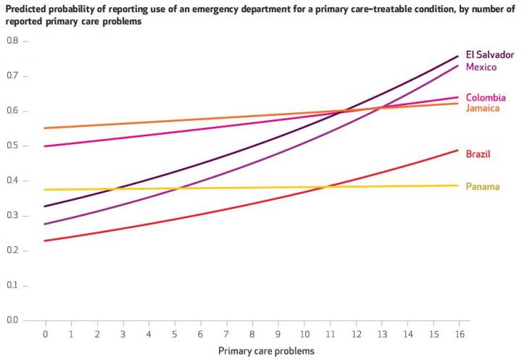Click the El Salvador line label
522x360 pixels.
pyautogui.click(x=489, y=55)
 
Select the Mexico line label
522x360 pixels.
pyautogui.click(x=481, y=67)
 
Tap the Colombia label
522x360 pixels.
pyautogui.click(x=485, y=98)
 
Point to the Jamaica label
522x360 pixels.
pyautogui.click(x=483, y=109)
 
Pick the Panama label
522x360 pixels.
pyautogui.click(x=482, y=187)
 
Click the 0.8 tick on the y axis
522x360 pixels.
pyautogui.click(x=12, y=41)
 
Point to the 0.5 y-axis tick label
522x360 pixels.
pyautogui.click(x=12, y=146)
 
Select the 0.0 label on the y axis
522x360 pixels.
pyautogui.click(x=12, y=320)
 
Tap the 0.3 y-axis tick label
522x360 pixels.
pyautogui.click(x=12, y=216)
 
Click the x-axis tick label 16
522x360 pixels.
pyautogui.click(x=458, y=334)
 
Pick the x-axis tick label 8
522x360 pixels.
pyautogui.click(x=252, y=334)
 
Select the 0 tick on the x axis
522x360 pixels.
pyautogui.click(x=45, y=334)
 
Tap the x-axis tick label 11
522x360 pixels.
pyautogui.click(x=329, y=334)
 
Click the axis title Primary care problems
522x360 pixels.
pyautogui.click(x=266, y=351)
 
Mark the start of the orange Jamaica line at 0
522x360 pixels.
pyautogui.click(x=45, y=128)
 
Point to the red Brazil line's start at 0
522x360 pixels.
pyautogui.click(x=45, y=240)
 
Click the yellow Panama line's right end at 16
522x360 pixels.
pyautogui.click(x=458, y=185)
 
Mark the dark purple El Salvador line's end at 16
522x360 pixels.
pyautogui.click(x=458, y=56)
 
